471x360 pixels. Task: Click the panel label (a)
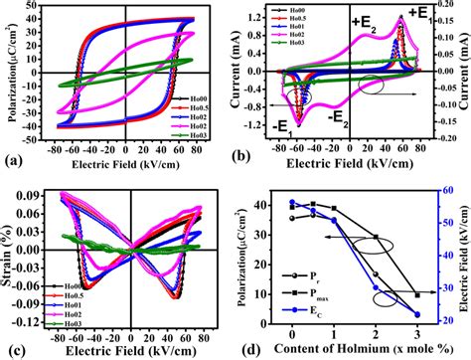coord(14,166)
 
